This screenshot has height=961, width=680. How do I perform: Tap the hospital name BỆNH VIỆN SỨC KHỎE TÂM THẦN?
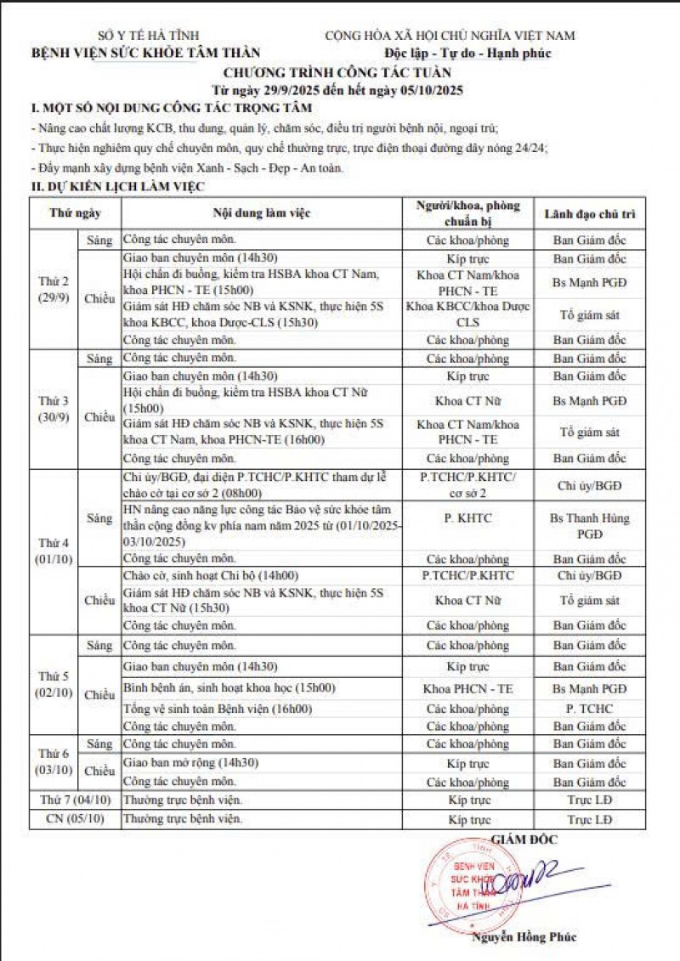146,53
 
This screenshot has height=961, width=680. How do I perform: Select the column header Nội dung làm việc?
261,213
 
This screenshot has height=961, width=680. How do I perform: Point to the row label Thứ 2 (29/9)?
57,289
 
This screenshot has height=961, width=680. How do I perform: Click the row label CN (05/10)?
74,820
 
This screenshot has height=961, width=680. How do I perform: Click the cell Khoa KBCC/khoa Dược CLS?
468,314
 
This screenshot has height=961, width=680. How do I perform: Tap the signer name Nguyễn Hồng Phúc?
524,937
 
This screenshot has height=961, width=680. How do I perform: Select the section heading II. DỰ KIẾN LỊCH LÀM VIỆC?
116,185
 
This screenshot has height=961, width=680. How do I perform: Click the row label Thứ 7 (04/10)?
74,800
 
